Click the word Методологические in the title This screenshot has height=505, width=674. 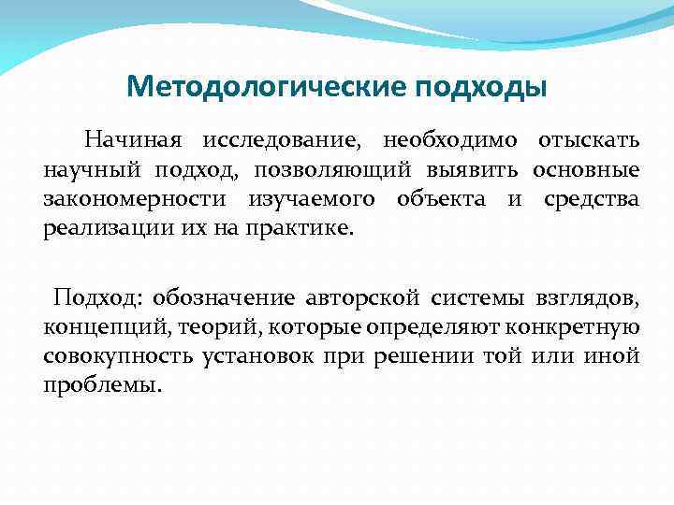coord(266,87)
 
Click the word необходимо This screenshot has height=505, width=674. coord(450,141)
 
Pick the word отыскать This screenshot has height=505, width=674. coord(589,141)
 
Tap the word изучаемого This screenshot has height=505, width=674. coord(304,199)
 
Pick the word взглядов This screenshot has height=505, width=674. coord(586,299)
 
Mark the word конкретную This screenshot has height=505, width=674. coord(576,328)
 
